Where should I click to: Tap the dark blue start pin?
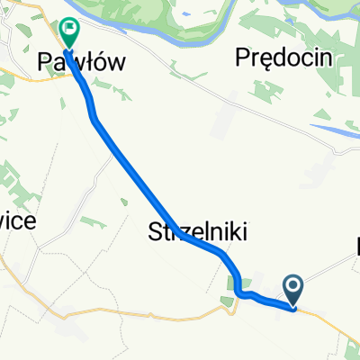point(294,290)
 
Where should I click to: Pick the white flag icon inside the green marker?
point(68,29)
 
